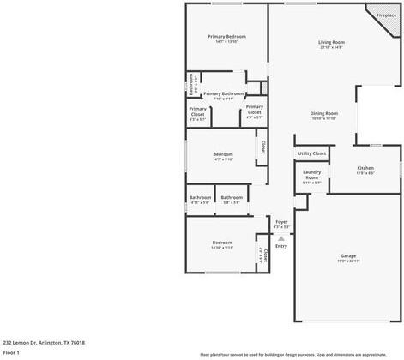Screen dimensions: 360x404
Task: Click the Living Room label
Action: pyautogui.click(x=331, y=44)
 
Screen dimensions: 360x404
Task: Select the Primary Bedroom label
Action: pyautogui.click(x=226, y=38)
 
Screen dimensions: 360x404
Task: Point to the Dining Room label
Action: pyautogui.click(x=324, y=115)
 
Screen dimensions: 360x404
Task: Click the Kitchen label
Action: pyautogui.click(x=365, y=169)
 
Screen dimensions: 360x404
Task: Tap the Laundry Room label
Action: pyautogui.click(x=311, y=178)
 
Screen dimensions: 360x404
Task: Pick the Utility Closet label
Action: pyautogui.click(x=312, y=153)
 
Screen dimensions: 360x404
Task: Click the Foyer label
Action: pyautogui.click(x=281, y=224)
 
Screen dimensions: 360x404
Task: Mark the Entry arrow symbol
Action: pyautogui.click(x=280, y=237)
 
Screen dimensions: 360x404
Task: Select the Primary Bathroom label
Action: pyautogui.click(x=223, y=95)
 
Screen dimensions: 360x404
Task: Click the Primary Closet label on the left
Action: pyautogui.click(x=197, y=113)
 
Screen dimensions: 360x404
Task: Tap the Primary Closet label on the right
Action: pyautogui.click(x=255, y=111)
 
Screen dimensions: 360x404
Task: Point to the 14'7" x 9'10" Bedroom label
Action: pyautogui.click(x=222, y=156)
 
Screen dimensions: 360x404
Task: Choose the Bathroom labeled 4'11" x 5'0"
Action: pyautogui.click(x=200, y=199)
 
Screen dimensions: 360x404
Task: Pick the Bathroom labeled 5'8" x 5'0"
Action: pyautogui.click(x=232, y=199)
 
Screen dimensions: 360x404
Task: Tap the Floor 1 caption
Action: pyautogui.click(x=11, y=352)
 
